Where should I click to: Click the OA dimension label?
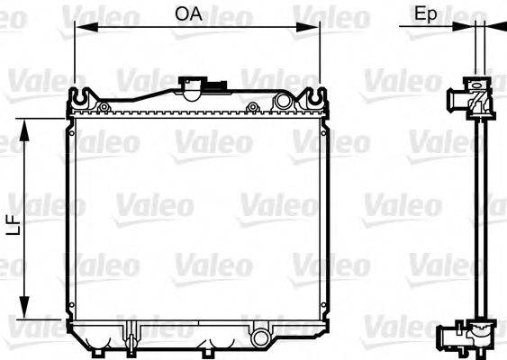188,13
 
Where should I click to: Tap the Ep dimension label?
426,13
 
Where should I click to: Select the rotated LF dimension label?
14,221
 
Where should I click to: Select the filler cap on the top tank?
195,86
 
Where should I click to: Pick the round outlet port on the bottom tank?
262,338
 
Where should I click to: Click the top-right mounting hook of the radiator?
314,94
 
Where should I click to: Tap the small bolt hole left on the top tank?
104,107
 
